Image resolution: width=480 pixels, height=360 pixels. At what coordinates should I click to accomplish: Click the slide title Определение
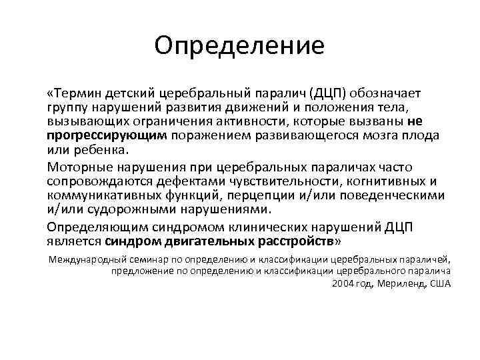239,45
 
